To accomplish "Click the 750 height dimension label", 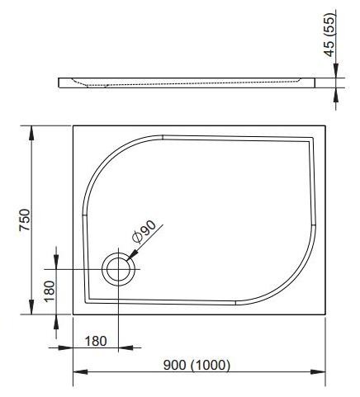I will (26, 220).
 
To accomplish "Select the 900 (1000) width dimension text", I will (196, 364).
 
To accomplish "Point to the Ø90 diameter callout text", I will (144, 234).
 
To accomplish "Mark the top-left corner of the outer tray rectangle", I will (73, 125).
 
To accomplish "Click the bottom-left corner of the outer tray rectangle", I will (73, 314).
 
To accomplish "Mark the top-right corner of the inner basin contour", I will (312, 136).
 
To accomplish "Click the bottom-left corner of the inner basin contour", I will (88, 299).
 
